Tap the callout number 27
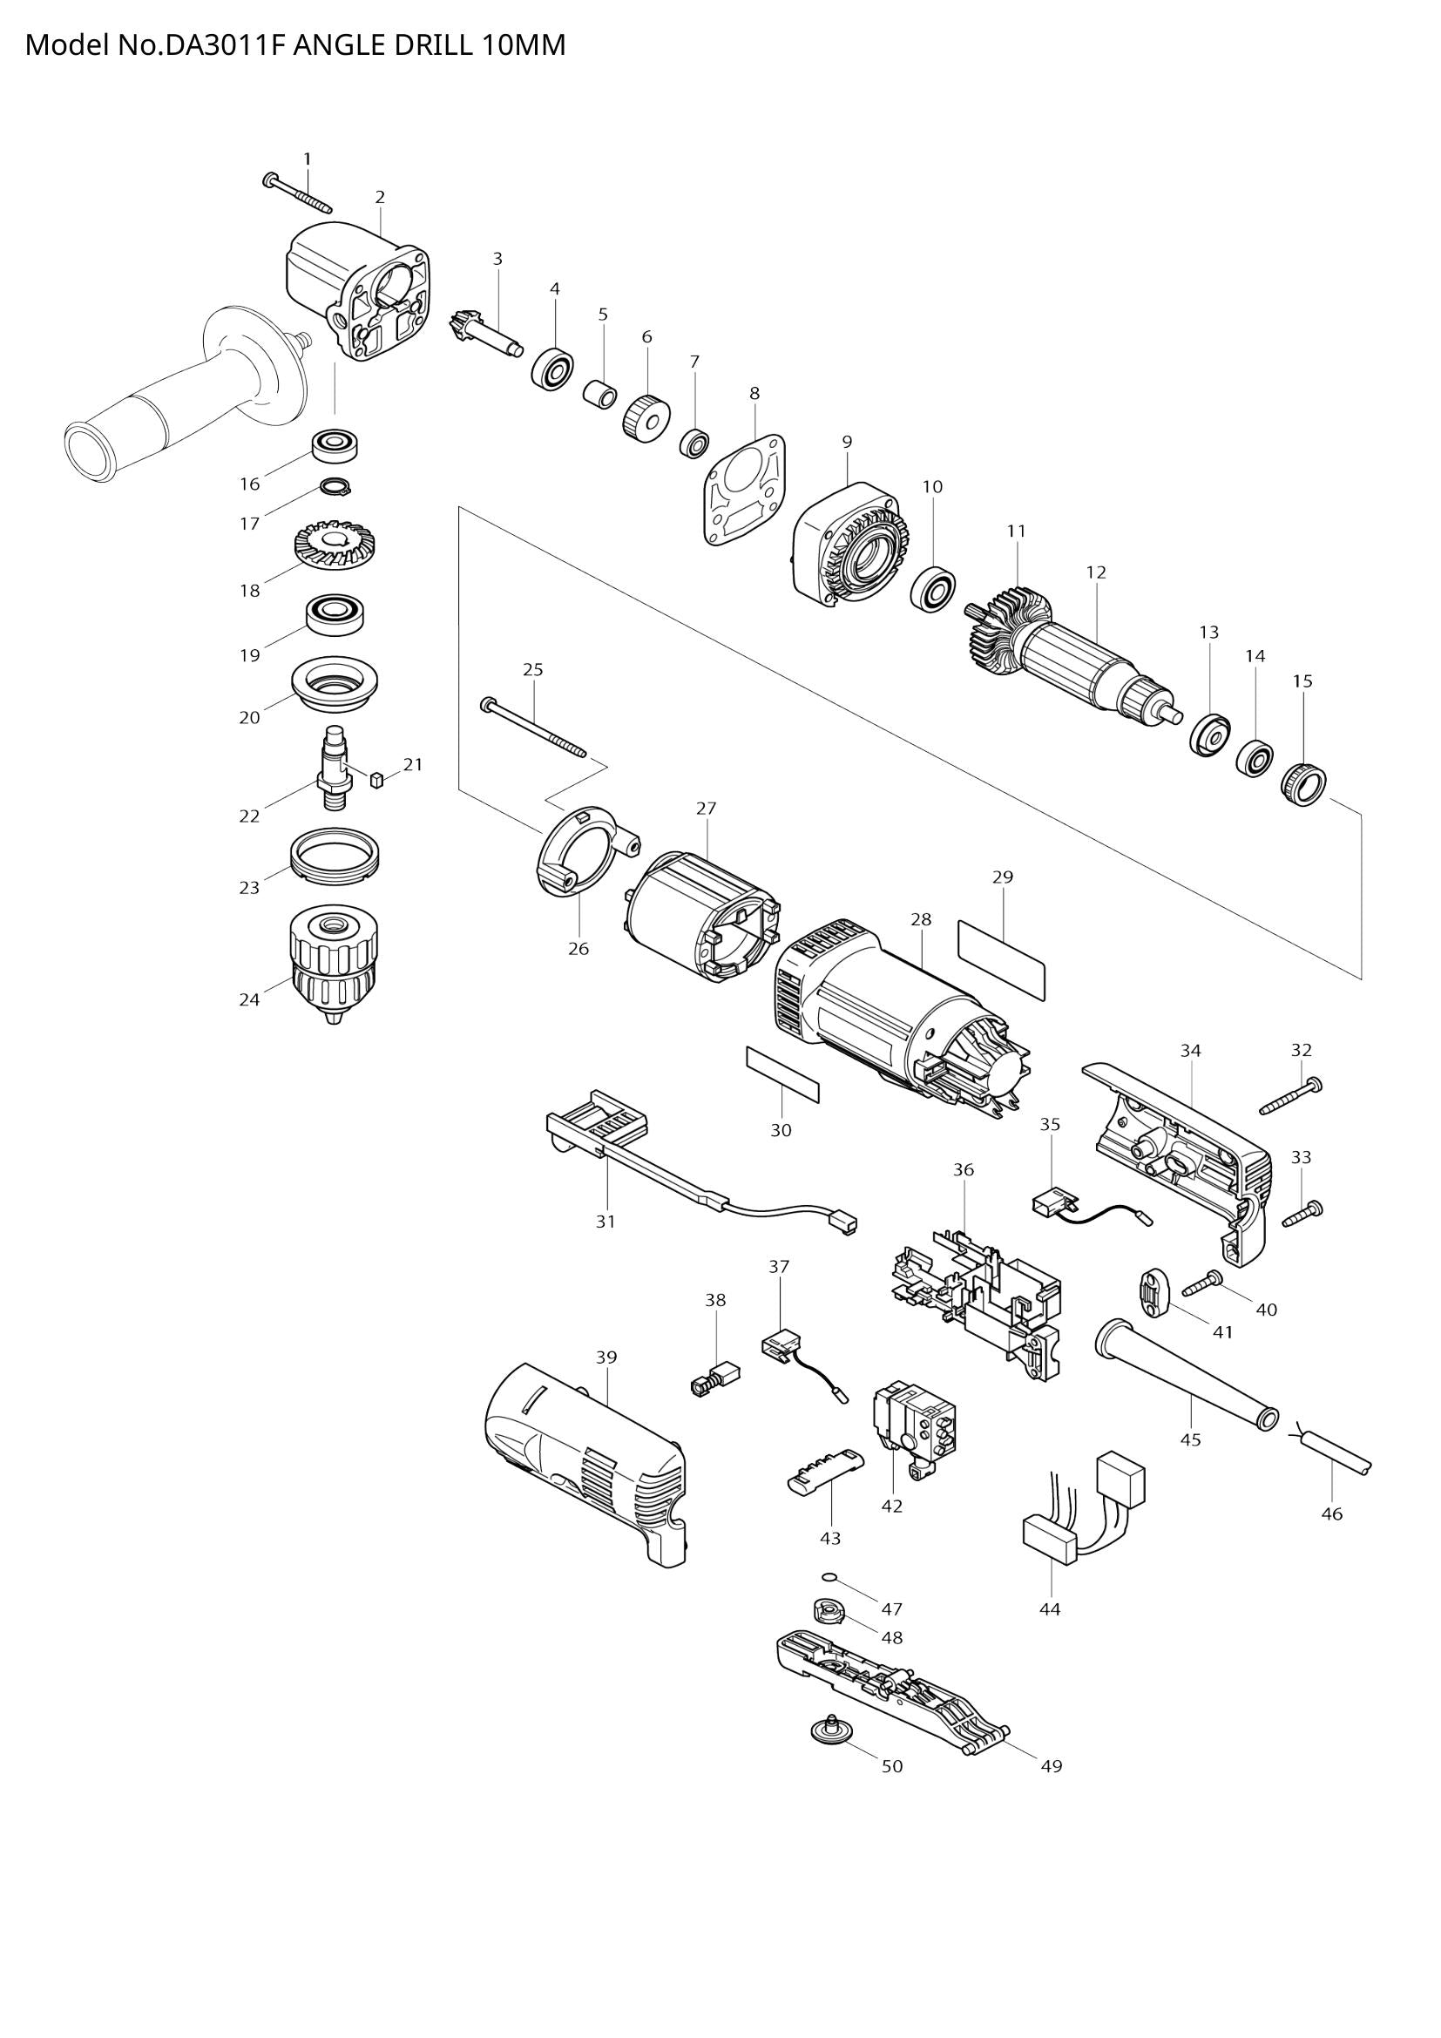[x=706, y=809]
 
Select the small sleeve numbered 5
[x=599, y=393]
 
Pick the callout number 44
[x=1050, y=1609]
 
